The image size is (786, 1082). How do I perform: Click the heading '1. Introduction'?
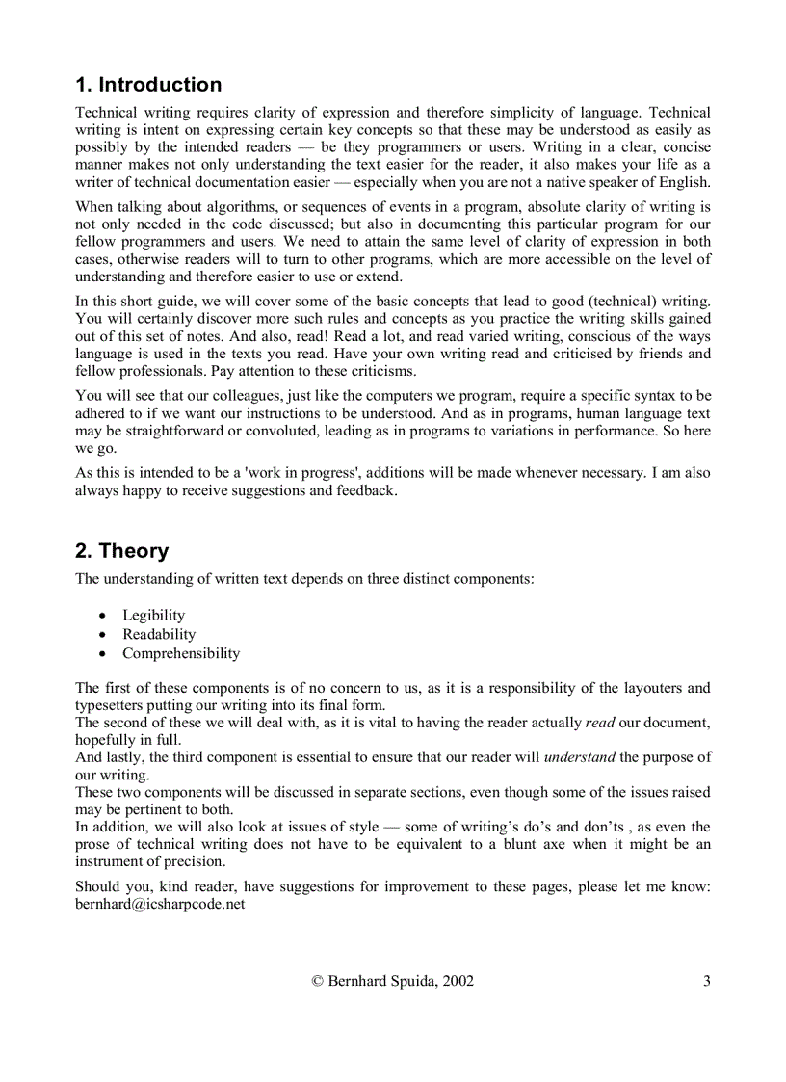pos(148,85)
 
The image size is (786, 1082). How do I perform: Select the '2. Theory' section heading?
pos(121,551)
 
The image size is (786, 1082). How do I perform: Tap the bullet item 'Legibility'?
pos(153,615)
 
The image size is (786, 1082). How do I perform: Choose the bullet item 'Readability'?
pos(159,634)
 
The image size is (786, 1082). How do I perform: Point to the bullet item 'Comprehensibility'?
pos(181,653)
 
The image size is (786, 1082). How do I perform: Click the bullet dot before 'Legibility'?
pos(103,616)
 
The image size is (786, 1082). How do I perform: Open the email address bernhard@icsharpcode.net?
pos(160,905)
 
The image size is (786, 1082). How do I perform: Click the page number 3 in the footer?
pos(706,982)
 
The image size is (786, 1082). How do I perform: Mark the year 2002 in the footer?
pos(458,982)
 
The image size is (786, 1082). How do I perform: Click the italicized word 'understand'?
pos(579,757)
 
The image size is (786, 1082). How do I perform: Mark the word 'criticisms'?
pos(379,371)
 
